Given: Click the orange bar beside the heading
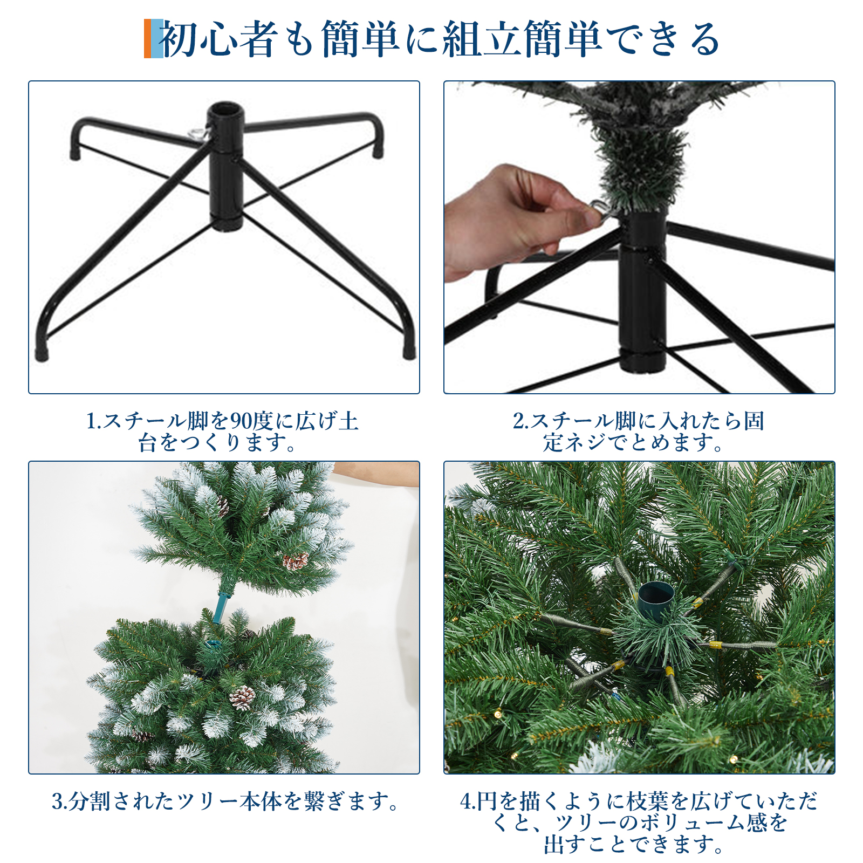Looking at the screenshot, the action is click(x=147, y=38).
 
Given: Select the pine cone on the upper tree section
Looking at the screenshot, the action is click(x=296, y=561).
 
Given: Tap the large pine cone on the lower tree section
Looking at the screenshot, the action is click(x=242, y=697).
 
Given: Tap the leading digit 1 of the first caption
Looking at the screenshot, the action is click(x=91, y=421).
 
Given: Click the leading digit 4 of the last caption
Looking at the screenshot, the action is click(x=465, y=802).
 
